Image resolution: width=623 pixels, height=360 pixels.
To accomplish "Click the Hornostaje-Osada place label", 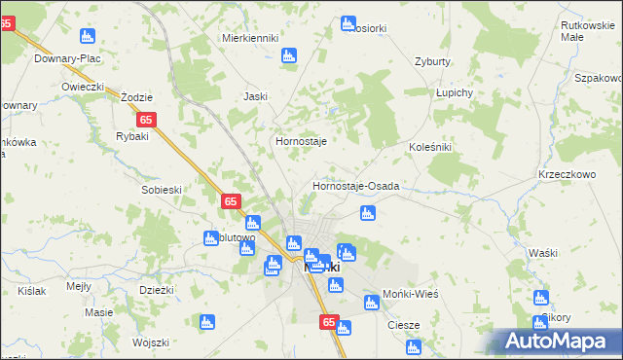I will tap(356, 185).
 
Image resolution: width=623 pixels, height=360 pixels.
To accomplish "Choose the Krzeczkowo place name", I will tap(566, 173).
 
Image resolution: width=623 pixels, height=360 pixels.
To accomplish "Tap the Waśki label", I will tap(541, 253).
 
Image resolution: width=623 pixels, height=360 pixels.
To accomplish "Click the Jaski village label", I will tap(255, 96).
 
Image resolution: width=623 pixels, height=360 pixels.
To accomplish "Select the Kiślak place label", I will tap(31, 291).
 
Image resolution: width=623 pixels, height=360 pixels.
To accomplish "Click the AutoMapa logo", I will tap(555, 341).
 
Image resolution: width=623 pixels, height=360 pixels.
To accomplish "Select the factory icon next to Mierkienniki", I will tap(288, 55).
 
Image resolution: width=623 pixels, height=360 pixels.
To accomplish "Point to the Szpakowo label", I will tap(599, 77).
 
